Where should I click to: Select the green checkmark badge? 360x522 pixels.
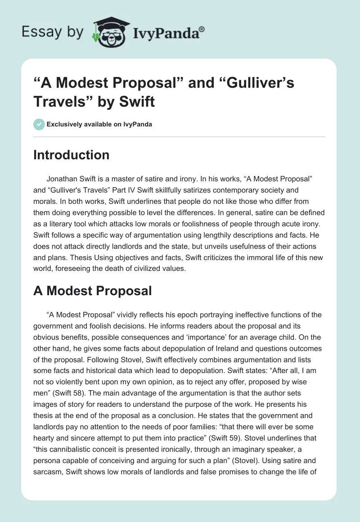39,124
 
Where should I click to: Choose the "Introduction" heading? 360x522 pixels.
71,155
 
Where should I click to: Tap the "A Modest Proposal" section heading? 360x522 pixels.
92,291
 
